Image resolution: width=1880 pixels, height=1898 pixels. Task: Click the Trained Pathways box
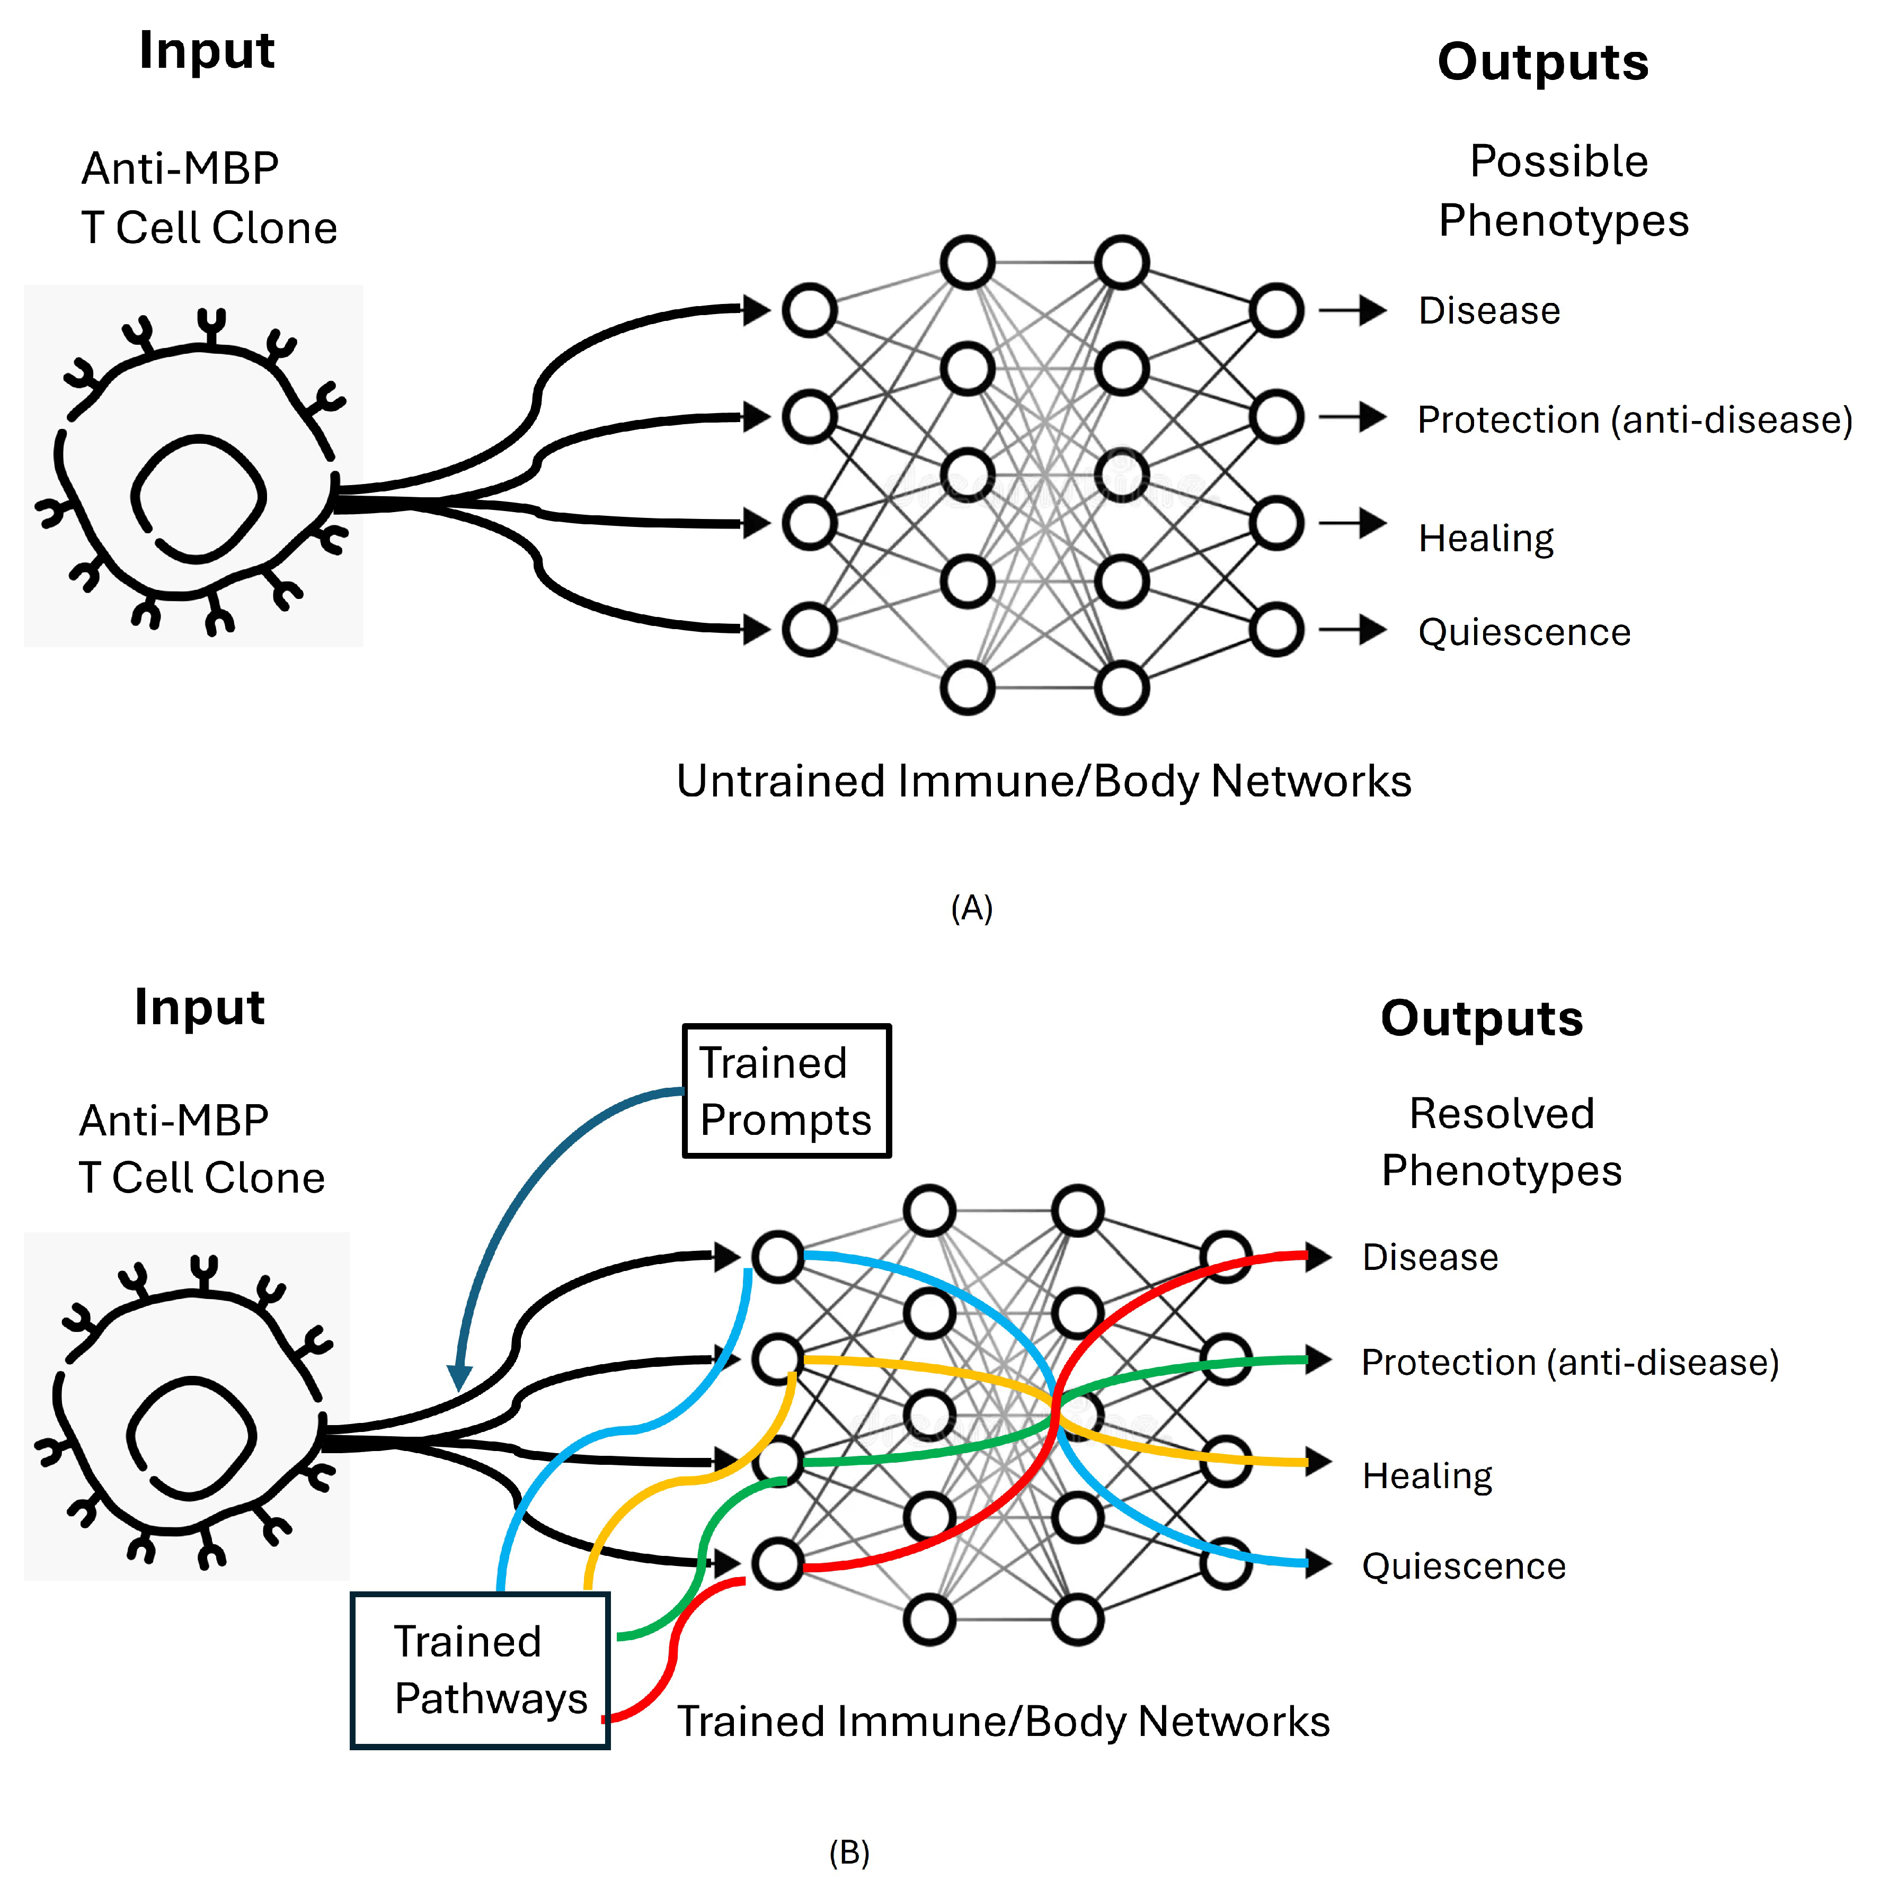[480, 1670]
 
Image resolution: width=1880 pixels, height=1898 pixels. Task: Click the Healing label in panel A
[1485, 539]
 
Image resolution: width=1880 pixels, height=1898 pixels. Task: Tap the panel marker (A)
[971, 908]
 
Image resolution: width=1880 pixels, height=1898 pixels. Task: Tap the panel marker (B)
[849, 1853]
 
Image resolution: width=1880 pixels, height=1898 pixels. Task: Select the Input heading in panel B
[199, 1007]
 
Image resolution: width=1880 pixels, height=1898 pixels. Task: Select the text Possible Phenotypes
[1563, 191]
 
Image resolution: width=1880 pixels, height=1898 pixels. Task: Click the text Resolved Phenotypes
[1501, 1142]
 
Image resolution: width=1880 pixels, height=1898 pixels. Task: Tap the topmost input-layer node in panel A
[809, 310]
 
